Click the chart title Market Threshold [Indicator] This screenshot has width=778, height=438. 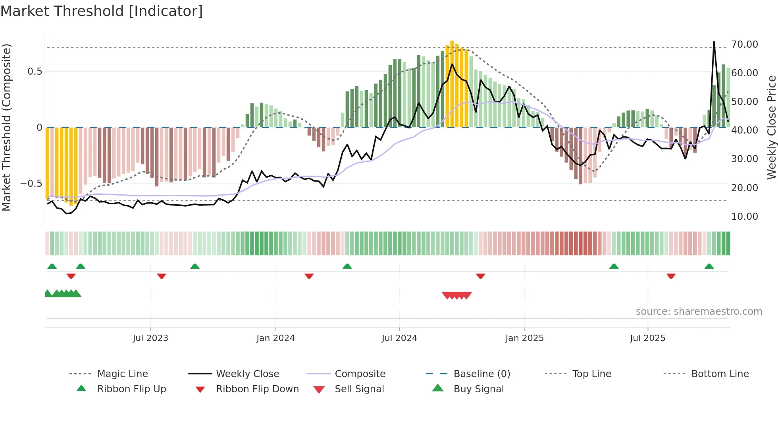tap(102, 11)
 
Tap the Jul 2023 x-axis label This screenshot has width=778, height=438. tap(150, 338)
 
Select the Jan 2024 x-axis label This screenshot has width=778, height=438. tap(275, 338)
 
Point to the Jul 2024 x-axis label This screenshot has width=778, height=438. tap(399, 338)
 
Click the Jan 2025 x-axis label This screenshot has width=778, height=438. tap(524, 338)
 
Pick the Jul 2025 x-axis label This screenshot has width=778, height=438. tap(647, 338)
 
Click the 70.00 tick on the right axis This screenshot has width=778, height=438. tap(744, 45)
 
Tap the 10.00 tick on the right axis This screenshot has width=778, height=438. tap(744, 217)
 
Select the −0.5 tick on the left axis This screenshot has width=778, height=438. tap(31, 184)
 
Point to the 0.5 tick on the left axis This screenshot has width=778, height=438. tap(35, 72)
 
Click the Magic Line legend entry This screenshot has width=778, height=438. tap(122, 374)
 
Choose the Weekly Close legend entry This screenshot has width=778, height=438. tap(247, 374)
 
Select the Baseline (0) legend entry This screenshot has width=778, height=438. tap(481, 374)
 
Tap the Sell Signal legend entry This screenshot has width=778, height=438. tap(359, 389)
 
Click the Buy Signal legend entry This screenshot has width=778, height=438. tap(478, 389)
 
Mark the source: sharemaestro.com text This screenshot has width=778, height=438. tap(699, 312)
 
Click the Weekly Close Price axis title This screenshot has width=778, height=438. tap(771, 127)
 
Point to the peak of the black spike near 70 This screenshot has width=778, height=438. tap(714, 42)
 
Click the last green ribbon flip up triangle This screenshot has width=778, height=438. tap(709, 266)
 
